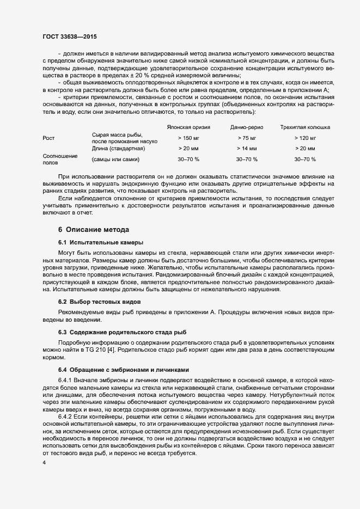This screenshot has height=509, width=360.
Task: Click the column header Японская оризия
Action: point(188,127)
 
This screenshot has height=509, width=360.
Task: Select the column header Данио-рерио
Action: point(247,127)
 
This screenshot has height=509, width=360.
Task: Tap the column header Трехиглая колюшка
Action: point(305,127)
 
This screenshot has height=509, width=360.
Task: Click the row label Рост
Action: point(48,138)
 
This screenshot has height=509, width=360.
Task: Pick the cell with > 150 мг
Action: point(188,138)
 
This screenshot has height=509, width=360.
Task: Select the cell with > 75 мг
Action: point(247,138)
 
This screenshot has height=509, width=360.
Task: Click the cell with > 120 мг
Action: point(305,138)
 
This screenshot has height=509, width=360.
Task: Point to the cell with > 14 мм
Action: point(247,148)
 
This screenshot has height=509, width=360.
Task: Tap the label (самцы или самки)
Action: point(116,160)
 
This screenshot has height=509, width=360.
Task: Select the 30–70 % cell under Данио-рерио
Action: point(247,160)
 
